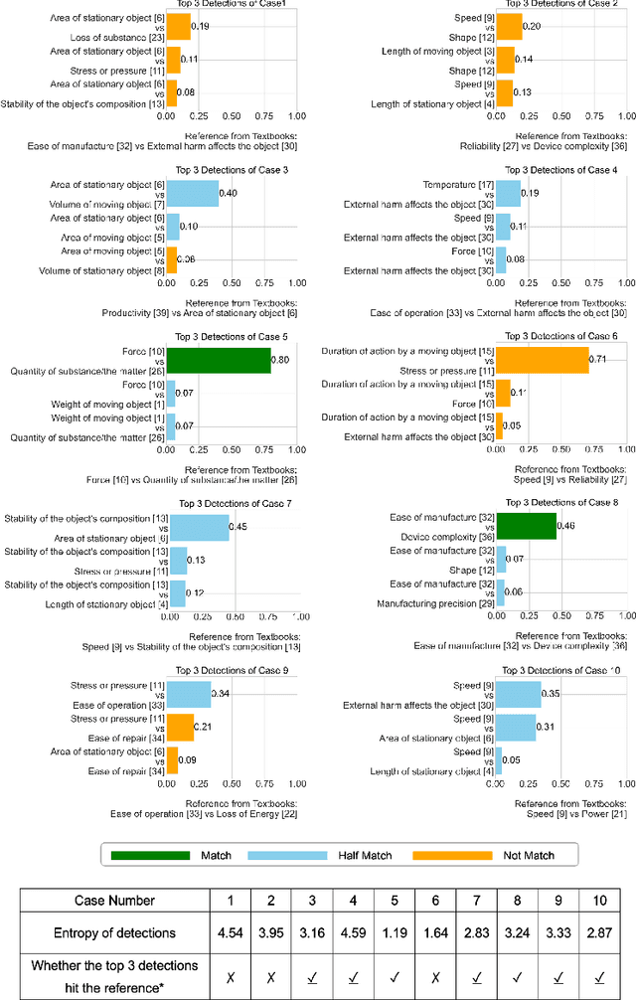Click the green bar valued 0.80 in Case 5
click(x=218, y=360)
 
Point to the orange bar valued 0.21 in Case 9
click(x=180, y=727)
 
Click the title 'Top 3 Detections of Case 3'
click(x=232, y=170)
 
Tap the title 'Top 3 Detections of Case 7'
click(x=232, y=503)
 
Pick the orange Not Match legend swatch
click(x=452, y=854)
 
